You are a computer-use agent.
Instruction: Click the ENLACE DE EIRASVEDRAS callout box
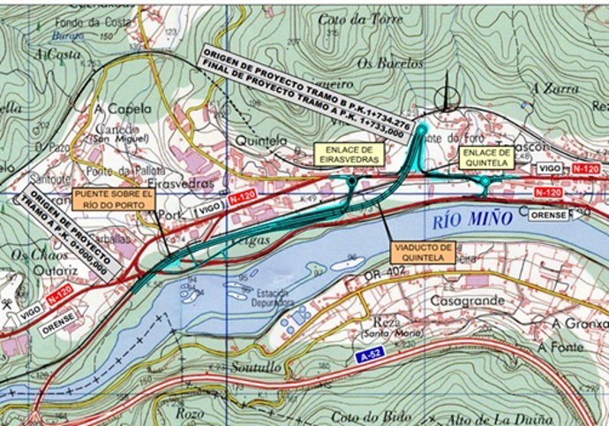[349, 154]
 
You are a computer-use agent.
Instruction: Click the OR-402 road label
[382, 279]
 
